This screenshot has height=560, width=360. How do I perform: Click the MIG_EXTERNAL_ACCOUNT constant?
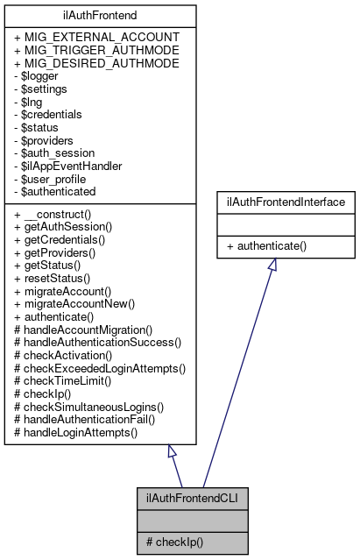click(97, 37)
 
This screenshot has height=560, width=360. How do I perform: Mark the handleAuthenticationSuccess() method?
click(98, 342)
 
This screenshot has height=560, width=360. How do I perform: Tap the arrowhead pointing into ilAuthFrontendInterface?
click(272, 266)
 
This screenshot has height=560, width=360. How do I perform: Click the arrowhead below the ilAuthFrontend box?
click(172, 451)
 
